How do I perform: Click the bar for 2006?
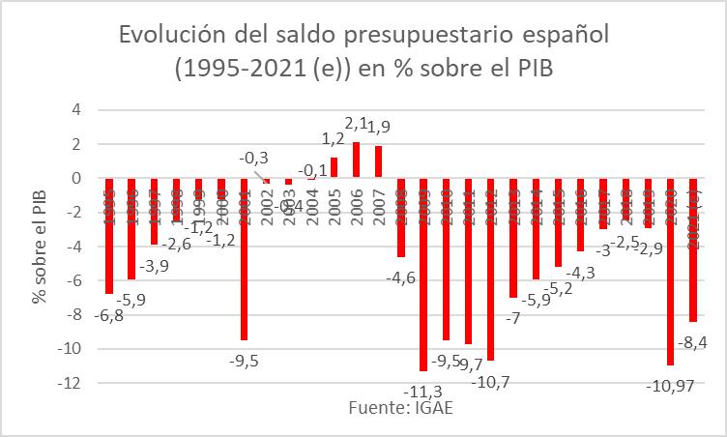pyautogui.click(x=357, y=160)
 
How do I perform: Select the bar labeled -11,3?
pyautogui.click(x=423, y=275)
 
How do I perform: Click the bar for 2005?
pyautogui.click(x=334, y=167)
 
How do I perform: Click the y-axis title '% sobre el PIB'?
pyautogui.click(x=39, y=246)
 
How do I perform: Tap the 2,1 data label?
pyautogui.click(x=357, y=125)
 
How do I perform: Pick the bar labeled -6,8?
pyautogui.click(x=110, y=236)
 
